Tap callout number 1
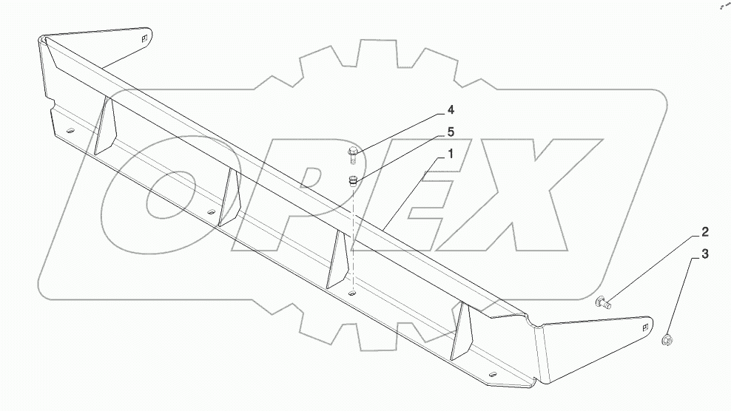(448, 155)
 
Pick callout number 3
(704, 255)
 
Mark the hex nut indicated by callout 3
(667, 340)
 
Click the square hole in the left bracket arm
(145, 38)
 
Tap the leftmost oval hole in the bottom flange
(70, 131)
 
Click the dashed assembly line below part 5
(354, 237)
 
